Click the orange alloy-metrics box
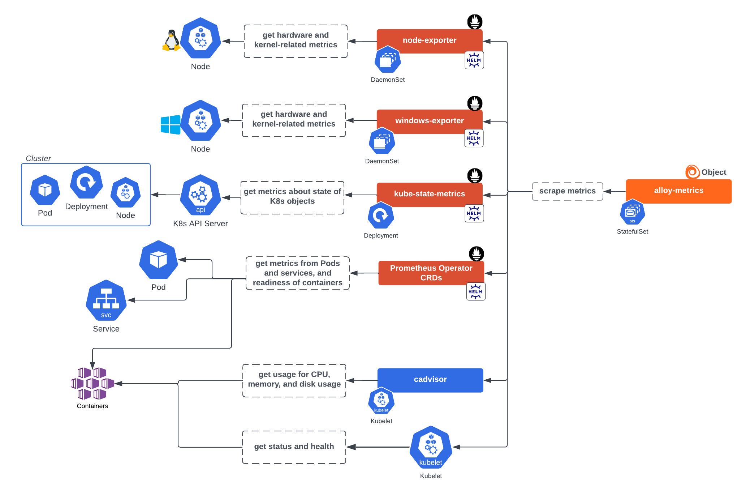[x=678, y=191]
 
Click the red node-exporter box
[x=429, y=40]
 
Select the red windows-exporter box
[x=429, y=121]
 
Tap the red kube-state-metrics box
[x=429, y=194]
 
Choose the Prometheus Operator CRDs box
[x=431, y=273]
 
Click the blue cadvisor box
[x=430, y=380]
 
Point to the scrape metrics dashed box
[x=567, y=191]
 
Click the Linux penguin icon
[x=171, y=40]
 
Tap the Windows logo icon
[x=170, y=125]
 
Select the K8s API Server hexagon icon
[x=200, y=195]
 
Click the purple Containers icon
[x=92, y=383]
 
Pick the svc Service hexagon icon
[x=106, y=300]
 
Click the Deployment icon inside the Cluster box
[x=86, y=182]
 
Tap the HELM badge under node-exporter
[x=474, y=60]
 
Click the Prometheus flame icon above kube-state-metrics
[x=475, y=176]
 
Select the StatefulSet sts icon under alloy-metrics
[x=632, y=213]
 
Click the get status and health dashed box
[x=294, y=447]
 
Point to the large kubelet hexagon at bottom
[x=431, y=448]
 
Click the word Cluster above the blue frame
[x=38, y=158]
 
